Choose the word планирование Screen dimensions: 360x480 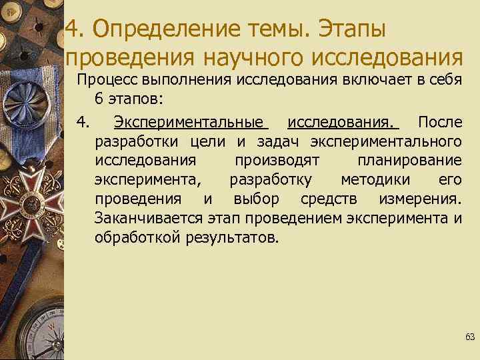(409, 161)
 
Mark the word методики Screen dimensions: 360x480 (378, 180)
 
